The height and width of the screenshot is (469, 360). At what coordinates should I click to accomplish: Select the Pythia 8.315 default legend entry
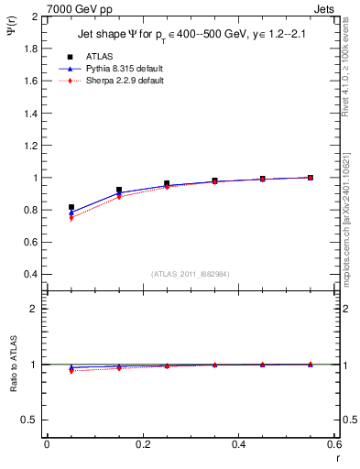(125, 69)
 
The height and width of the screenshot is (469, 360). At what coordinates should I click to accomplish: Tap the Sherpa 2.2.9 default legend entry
(125, 81)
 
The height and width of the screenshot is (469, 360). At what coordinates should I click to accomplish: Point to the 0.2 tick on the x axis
(143, 444)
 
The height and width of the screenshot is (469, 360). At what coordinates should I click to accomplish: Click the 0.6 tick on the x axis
(334, 444)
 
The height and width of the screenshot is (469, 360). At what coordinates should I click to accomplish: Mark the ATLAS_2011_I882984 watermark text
(191, 274)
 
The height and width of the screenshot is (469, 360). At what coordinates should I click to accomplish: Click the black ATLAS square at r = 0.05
(71, 208)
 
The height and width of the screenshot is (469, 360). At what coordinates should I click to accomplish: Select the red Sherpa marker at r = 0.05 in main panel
(71, 218)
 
